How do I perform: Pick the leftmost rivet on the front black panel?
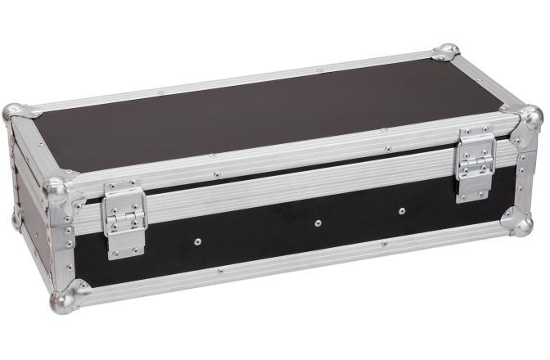[x=196, y=241]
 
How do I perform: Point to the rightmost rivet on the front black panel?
[x=402, y=210]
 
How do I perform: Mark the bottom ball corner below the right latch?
[x=518, y=222]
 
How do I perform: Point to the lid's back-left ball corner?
[x=16, y=113]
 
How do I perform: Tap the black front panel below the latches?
[x=270, y=241]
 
